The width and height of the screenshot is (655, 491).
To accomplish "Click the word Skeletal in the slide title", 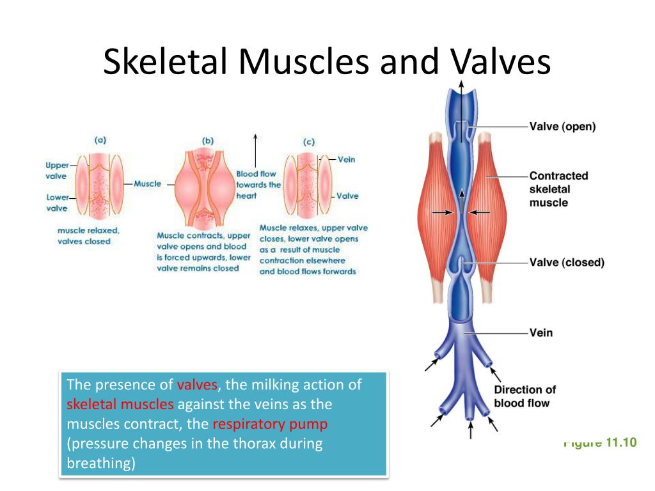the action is click(166, 61).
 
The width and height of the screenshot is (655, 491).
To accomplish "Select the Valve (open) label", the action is click(562, 127).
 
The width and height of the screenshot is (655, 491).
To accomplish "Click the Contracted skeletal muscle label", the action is click(558, 189).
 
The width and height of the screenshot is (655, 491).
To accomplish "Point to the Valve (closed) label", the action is click(567, 262).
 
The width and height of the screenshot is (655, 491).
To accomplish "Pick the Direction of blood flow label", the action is click(525, 396).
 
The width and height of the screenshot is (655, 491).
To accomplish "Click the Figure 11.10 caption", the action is click(600, 442).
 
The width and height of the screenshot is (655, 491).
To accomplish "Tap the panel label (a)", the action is click(100, 140).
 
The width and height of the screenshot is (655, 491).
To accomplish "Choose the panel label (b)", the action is click(208, 141).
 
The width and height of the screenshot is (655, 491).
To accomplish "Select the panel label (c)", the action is click(309, 142).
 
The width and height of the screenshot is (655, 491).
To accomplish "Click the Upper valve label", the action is click(57, 170).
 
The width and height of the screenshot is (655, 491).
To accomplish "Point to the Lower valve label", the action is click(57, 203).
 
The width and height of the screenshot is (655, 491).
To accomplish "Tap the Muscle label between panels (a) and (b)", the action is click(148, 183).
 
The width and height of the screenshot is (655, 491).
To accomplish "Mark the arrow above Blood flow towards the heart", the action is click(255, 150).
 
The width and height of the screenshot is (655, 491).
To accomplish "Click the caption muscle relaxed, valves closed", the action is click(88, 236).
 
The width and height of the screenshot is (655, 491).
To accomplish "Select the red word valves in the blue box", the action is click(197, 384).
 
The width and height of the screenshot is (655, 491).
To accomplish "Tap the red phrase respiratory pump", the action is click(270, 425).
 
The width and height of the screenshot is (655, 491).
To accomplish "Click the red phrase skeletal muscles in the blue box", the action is click(120, 404).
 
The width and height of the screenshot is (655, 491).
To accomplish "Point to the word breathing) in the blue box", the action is click(101, 463).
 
